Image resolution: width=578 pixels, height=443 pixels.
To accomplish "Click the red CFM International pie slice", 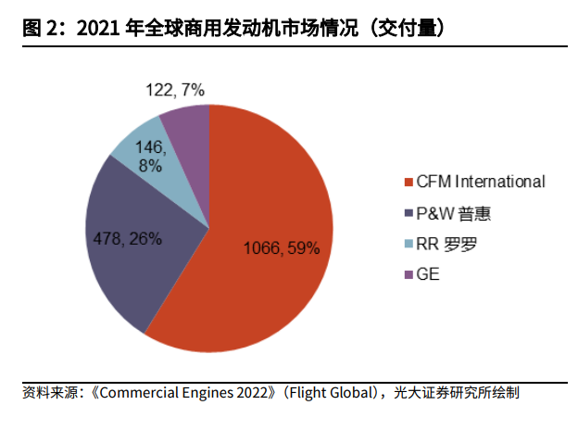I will [x=269, y=278].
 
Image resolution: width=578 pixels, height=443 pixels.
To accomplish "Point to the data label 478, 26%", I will [x=128, y=238].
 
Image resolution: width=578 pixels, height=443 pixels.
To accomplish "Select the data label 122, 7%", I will [x=175, y=90].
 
